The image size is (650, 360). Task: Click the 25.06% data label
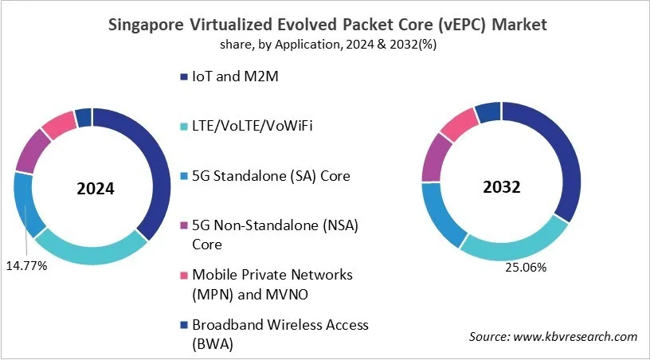pyautogui.click(x=525, y=268)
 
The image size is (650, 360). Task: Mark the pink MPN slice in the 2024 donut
pyautogui.click(x=58, y=124)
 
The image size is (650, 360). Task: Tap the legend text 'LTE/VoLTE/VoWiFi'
pyautogui.click(x=247, y=127)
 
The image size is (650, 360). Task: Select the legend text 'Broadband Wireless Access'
pyautogui.click(x=279, y=324)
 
